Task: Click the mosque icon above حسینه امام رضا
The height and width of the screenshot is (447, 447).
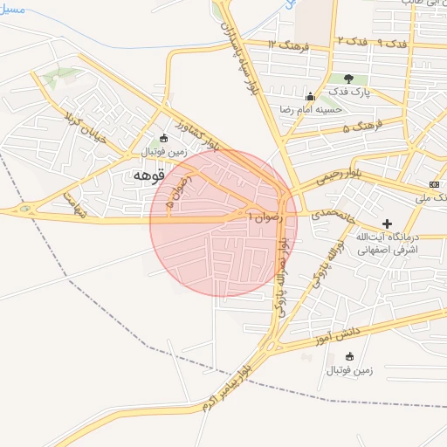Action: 309,96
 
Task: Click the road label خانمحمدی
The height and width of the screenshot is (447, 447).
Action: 328,212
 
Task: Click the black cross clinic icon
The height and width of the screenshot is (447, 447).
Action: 388,223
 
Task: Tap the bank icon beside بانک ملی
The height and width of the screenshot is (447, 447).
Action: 434,184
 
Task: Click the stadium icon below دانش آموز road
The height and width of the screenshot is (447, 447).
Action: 350,356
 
